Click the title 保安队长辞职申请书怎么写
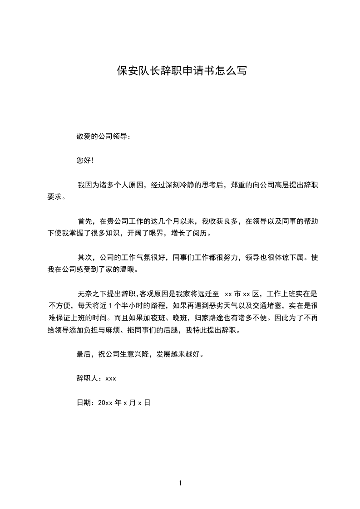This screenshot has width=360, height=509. tap(182, 71)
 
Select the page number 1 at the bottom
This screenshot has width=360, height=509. tap(180, 484)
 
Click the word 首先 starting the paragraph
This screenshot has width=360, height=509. tap(85, 221)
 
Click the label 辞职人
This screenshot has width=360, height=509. tap(88, 378)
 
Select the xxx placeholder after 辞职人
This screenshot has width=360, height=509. tap(111, 378)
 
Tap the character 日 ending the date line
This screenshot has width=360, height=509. tap(147, 402)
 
